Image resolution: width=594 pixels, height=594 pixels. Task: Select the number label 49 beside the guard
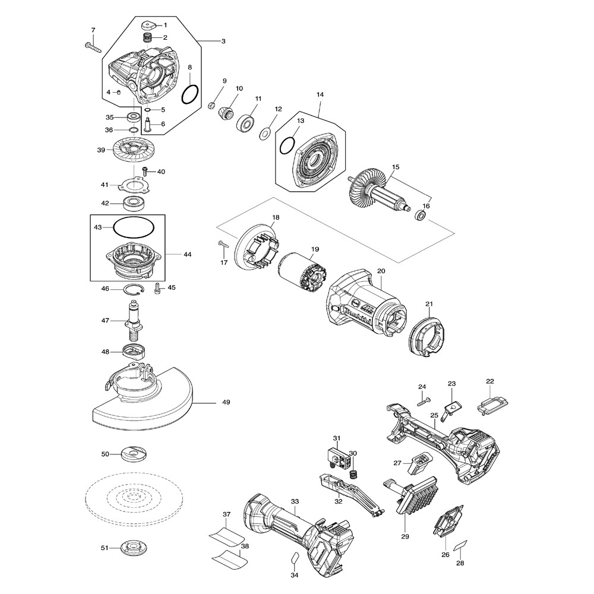226,403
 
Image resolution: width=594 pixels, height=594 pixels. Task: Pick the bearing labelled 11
246,124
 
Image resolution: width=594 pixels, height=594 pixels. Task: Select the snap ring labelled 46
134,289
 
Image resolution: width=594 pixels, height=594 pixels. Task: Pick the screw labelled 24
423,402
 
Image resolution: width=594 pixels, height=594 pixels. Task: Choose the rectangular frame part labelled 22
490,405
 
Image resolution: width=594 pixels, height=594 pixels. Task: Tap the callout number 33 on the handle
295,501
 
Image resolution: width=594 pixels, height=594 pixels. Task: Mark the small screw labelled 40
144,171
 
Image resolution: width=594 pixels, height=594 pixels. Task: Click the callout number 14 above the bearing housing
320,95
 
